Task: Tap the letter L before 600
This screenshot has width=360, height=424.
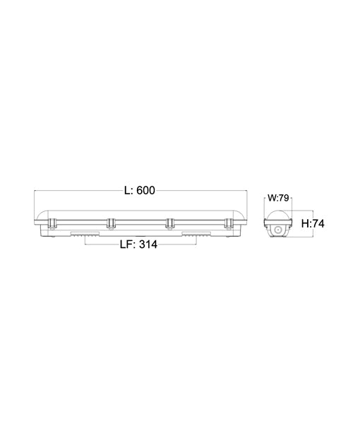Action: tap(127, 190)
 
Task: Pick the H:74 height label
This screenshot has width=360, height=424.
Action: tap(313, 223)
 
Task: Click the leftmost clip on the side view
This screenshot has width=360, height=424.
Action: tap(52, 224)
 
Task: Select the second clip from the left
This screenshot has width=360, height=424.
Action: tap(111, 224)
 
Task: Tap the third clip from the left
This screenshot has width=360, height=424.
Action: tap(169, 224)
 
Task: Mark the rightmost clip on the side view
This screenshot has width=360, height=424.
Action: tap(228, 224)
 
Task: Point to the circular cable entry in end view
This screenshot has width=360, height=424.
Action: tap(280, 230)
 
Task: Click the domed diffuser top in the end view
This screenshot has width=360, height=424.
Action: tap(280, 213)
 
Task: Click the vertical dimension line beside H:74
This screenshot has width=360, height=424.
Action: tap(298, 223)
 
